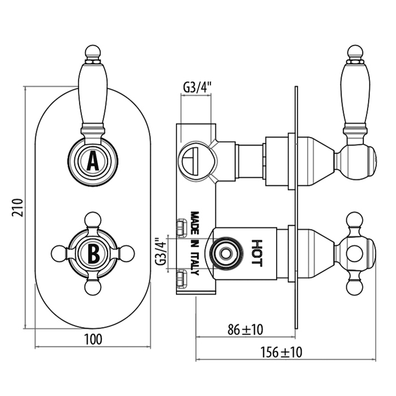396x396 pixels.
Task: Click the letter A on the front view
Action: tap(93, 162)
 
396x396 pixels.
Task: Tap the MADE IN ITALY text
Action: tap(195, 243)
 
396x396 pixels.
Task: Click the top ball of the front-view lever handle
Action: tap(93, 52)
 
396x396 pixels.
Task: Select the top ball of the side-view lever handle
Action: tap(355, 52)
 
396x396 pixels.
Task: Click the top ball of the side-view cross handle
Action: tap(355, 219)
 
